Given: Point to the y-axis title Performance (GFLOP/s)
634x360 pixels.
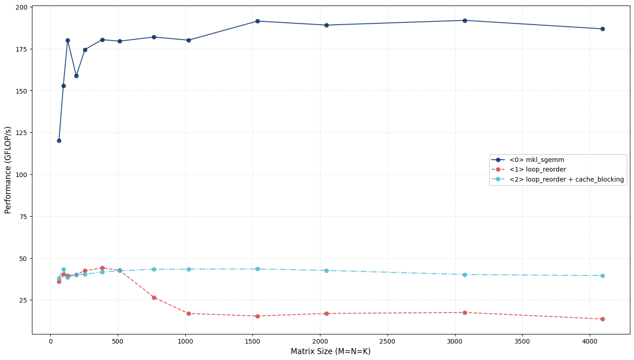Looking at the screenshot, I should coord(8,170).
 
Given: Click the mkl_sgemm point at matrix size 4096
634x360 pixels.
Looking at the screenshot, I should coord(603,29).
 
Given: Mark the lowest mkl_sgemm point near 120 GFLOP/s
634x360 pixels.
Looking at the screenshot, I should coord(59,141).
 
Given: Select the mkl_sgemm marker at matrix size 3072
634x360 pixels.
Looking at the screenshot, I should coord(465,21).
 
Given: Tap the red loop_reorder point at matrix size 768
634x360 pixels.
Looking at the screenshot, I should coord(154,297).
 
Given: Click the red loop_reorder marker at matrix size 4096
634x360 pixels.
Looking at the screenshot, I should coord(603,319).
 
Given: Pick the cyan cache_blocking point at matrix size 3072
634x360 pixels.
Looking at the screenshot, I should coord(465,275).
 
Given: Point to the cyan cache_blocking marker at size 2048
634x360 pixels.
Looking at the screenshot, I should coord(326,271).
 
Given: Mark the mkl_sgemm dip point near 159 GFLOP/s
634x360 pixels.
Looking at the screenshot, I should coord(76,76).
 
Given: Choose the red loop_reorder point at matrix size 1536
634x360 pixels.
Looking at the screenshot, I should coord(257,316).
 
